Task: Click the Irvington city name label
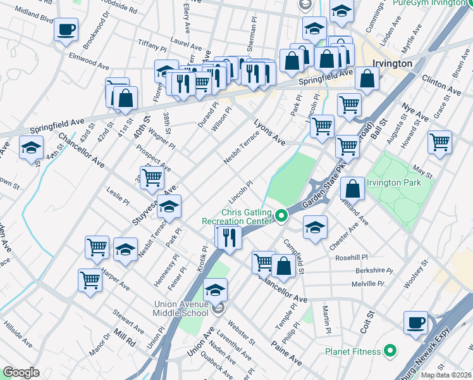392,64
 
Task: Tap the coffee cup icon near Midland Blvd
66,29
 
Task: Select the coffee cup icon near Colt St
415,322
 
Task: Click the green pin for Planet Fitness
391,351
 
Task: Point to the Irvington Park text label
402,183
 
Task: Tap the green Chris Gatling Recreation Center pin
281,217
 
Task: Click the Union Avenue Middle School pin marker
219,308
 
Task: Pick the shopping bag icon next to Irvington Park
352,188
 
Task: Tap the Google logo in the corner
21,372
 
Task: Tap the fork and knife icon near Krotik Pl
228,237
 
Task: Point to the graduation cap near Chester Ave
315,227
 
